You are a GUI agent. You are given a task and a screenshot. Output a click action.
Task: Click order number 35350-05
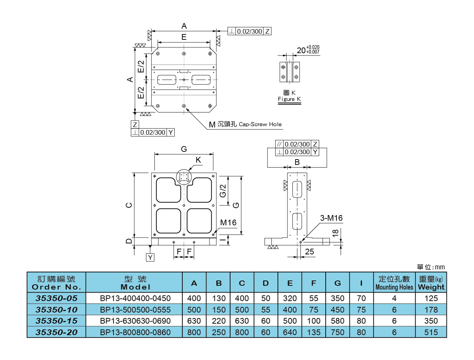coord(56,298)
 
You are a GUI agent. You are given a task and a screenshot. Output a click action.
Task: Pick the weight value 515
coord(431,332)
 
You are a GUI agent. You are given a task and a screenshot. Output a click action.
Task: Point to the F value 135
coord(314,332)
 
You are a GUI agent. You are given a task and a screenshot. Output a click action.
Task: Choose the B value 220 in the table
coord(219,321)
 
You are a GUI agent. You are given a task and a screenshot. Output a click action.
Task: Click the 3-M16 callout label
coord(331,218)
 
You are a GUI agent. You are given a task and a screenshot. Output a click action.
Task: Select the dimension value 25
coord(310,251)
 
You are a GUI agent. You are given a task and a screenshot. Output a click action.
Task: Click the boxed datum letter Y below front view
coord(151,257)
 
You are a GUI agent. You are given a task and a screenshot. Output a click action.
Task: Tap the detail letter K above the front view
coord(198,160)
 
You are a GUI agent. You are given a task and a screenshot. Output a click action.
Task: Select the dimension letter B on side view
coord(297,162)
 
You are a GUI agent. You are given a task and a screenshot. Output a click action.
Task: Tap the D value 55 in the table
coord(266,310)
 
